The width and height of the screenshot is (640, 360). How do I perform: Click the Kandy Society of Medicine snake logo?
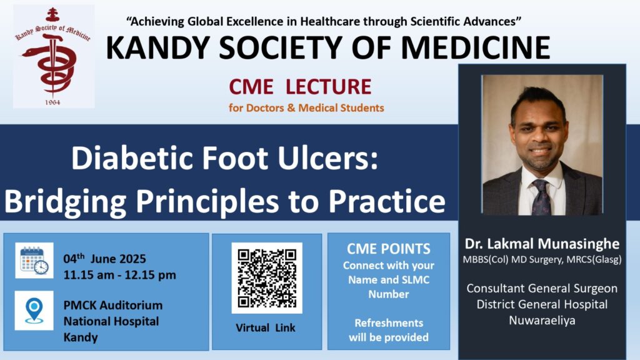click(53, 56)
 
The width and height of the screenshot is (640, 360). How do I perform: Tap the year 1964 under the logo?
click(52, 102)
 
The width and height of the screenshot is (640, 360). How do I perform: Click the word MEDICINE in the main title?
click(476, 47)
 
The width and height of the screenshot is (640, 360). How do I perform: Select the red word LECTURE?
click(328, 86)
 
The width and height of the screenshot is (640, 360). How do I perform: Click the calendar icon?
click(34, 261)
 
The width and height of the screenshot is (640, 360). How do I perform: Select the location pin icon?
click(34, 311)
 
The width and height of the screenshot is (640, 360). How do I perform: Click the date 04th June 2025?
click(104, 259)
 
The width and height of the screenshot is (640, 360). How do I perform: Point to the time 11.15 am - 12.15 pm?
click(119, 275)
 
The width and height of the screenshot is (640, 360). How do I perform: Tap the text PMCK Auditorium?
click(113, 305)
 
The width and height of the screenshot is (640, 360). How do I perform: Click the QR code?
click(267, 278)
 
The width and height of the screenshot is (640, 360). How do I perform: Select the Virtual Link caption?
click(265, 327)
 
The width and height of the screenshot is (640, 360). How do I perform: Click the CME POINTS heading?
click(389, 249)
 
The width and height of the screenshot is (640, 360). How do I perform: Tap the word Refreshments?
click(389, 323)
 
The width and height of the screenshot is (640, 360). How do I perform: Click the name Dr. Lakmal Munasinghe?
click(542, 244)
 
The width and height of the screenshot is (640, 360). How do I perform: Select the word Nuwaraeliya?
click(542, 321)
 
